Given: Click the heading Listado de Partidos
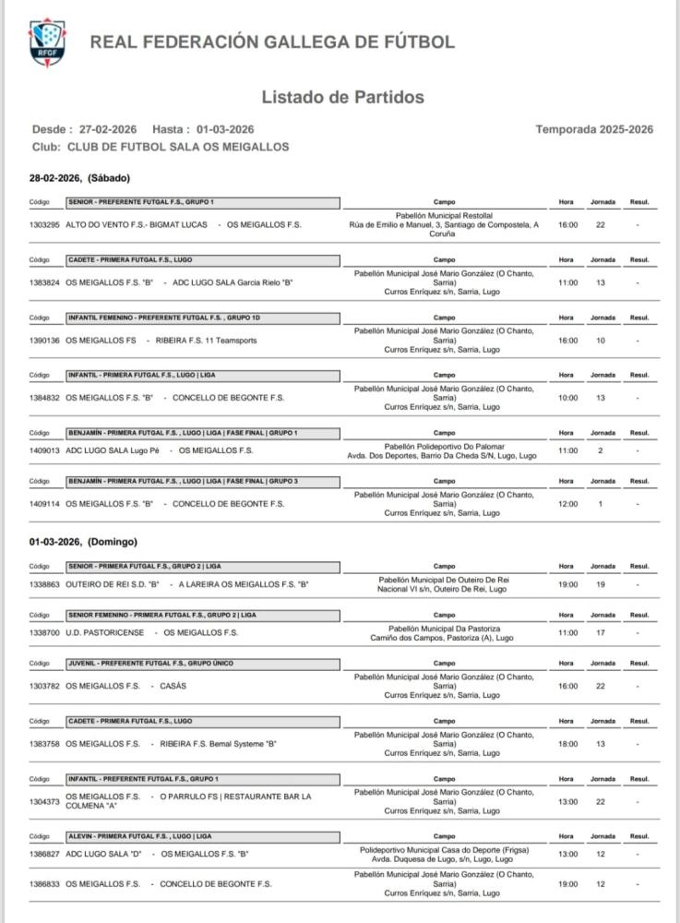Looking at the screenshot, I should (342, 97).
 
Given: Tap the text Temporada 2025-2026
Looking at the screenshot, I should (594, 129).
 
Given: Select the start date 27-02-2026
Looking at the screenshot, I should (108, 129).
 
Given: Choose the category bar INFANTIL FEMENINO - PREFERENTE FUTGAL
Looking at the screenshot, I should (147, 318).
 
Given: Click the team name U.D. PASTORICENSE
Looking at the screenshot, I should (105, 632).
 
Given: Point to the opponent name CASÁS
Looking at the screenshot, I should (173, 686).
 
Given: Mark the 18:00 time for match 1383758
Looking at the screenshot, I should (567, 743).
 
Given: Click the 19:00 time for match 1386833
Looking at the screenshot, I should (567, 883).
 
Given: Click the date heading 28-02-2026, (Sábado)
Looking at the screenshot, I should (79, 177).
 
